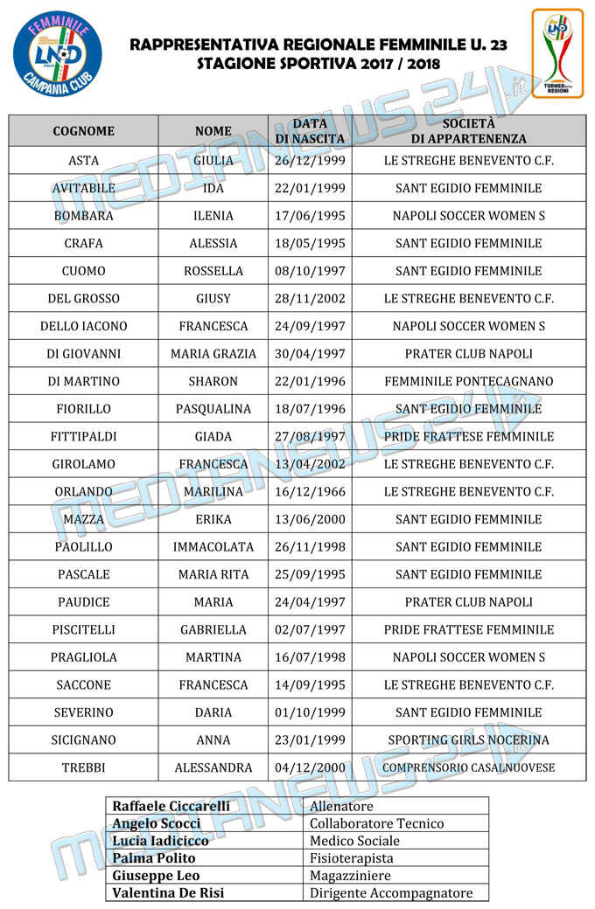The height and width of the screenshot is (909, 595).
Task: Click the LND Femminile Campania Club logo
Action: tap(57, 55)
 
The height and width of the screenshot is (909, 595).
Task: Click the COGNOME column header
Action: tap(83, 131)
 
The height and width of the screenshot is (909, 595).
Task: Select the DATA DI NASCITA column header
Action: tap(310, 131)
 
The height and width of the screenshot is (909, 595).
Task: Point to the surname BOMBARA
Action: tap(83, 216)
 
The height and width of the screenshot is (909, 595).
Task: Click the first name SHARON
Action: tap(213, 381)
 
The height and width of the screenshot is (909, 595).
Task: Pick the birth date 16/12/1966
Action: tap(310, 492)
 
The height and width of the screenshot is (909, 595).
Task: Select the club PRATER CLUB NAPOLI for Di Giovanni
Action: tap(468, 354)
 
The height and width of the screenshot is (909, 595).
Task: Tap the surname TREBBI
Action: tap(83, 767)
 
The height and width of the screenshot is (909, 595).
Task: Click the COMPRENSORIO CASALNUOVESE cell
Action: tap(468, 767)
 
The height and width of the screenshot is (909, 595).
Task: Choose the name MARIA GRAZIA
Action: tap(213, 354)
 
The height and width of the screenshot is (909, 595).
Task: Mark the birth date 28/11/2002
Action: tap(310, 298)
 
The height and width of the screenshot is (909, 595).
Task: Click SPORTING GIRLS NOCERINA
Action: tap(468, 740)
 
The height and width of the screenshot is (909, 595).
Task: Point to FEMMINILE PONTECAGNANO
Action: tap(468, 381)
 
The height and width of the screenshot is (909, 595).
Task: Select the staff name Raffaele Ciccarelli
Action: tap(171, 806)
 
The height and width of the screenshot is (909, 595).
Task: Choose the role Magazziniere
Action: tap(350, 876)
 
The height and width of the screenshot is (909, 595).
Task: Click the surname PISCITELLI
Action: tap(83, 629)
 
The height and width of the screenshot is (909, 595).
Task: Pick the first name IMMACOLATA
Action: tap(213, 547)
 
